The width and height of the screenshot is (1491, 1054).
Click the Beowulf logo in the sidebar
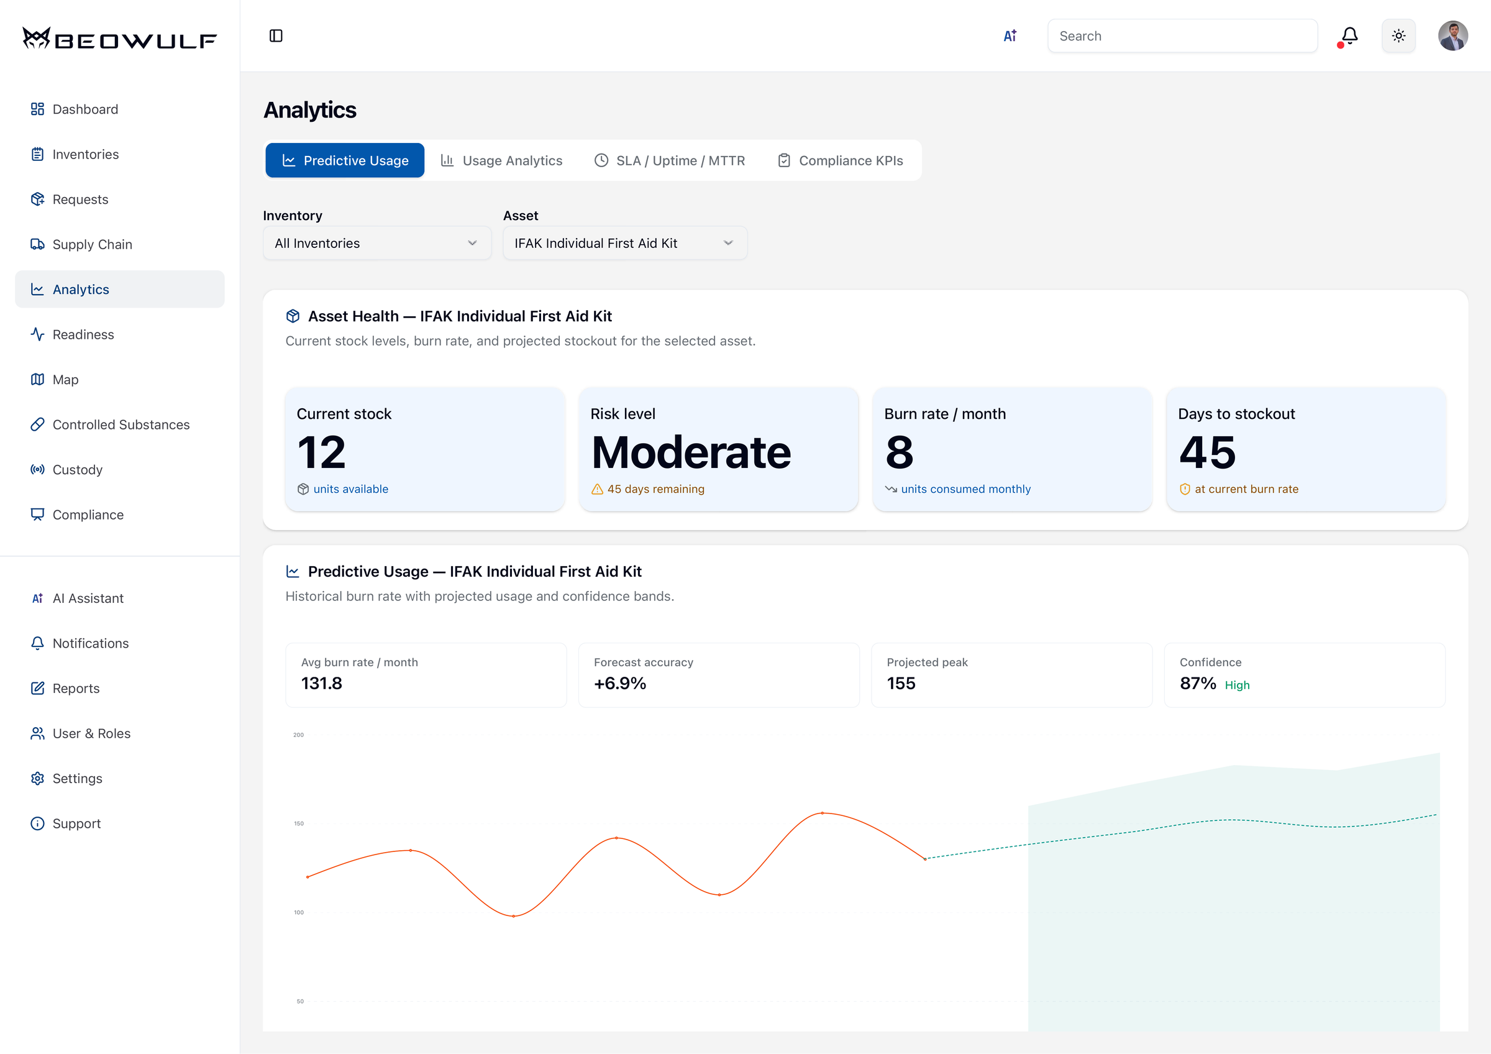[119, 39]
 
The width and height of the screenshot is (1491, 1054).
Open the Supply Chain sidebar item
[91, 244]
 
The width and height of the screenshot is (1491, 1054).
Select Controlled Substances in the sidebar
[121, 424]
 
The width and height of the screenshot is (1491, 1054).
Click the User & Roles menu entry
[91, 733]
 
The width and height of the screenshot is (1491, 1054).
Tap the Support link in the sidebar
[76, 823]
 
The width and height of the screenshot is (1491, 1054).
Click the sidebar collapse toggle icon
[276, 35]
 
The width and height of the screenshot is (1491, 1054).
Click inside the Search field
[1182, 35]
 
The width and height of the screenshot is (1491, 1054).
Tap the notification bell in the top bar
[1349, 35]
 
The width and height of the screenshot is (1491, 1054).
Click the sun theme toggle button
[1399, 35]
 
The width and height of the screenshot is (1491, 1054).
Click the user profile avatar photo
[1452, 35]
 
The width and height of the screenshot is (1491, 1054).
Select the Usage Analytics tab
[502, 160]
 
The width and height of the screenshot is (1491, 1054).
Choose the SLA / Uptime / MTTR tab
[670, 160]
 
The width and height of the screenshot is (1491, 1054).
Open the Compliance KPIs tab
[841, 160]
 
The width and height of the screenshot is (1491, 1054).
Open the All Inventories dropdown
[376, 243]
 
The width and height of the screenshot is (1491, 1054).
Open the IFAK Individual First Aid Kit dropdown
[625, 243]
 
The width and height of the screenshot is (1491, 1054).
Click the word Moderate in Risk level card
[691, 452]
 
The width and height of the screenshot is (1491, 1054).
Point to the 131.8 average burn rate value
[321, 683]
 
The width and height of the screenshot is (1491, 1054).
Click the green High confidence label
[1237, 685]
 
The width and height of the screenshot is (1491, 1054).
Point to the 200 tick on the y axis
[298, 735]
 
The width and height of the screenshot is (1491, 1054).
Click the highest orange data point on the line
[822, 813]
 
